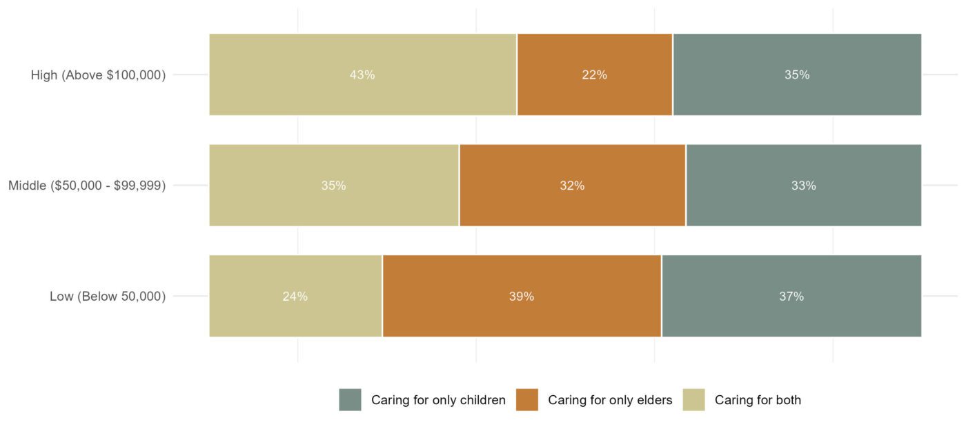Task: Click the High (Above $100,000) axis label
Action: pyautogui.click(x=98, y=75)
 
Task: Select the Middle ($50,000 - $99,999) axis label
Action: pyautogui.click(x=87, y=186)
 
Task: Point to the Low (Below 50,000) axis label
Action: pyautogui.click(x=108, y=297)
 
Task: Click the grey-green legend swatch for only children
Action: pyautogui.click(x=350, y=400)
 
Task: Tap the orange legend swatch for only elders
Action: pyautogui.click(x=526, y=400)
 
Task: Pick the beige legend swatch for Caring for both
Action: pyautogui.click(x=693, y=400)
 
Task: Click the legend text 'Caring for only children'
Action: pyautogui.click(x=438, y=400)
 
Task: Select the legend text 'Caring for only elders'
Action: pyautogui.click(x=610, y=400)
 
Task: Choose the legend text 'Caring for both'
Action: pyautogui.click(x=758, y=400)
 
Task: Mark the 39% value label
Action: pyautogui.click(x=522, y=297)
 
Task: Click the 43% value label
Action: pyautogui.click(x=362, y=75)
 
